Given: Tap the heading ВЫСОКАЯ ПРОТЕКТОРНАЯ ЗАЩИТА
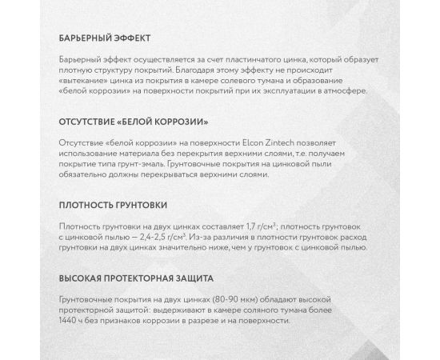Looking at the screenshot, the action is pyautogui.click(x=134, y=281).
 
